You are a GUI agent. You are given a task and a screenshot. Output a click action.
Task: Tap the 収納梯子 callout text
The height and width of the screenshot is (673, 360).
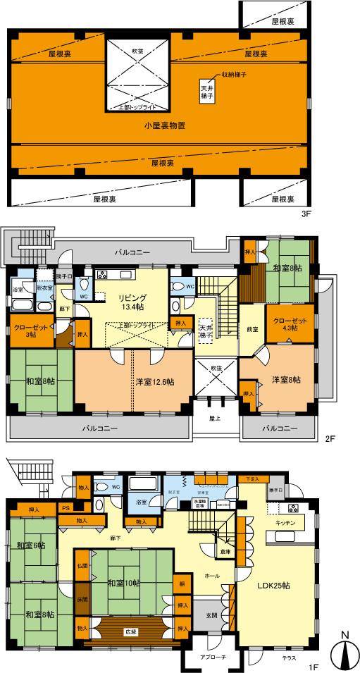237,74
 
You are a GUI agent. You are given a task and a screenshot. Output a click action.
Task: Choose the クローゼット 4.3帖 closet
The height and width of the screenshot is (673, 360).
285,323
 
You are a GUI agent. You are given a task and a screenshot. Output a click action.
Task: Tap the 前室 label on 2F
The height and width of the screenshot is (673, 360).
252,330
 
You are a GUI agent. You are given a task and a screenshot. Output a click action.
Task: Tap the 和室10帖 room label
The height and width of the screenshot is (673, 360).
124,582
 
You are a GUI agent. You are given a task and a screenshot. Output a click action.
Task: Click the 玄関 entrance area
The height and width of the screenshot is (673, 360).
211,615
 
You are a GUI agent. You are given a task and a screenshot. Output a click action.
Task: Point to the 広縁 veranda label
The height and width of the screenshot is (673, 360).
130,631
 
